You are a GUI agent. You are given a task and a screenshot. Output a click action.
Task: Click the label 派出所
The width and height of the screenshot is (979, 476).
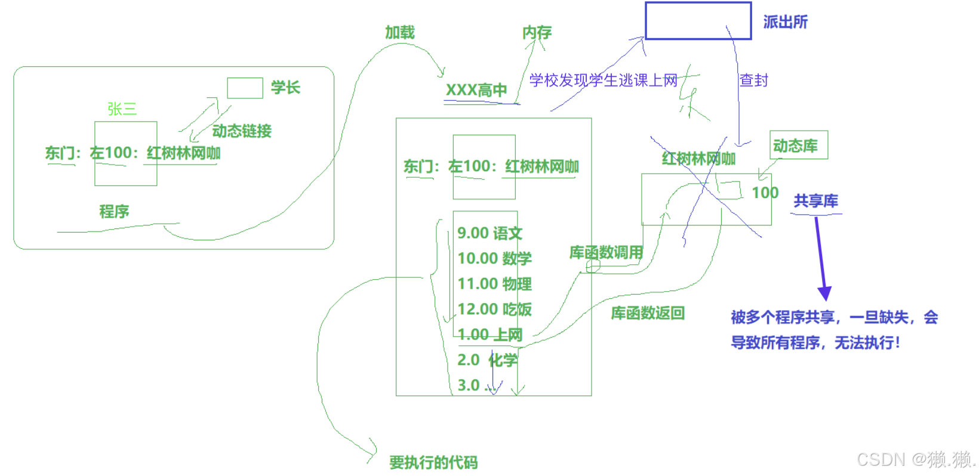tap(785, 22)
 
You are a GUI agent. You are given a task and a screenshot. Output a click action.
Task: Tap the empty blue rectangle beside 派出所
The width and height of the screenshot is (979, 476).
tap(698, 21)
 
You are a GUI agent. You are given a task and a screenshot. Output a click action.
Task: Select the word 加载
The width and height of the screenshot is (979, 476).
tap(399, 32)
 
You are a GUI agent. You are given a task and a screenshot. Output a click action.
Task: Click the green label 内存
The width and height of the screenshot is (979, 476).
tap(537, 32)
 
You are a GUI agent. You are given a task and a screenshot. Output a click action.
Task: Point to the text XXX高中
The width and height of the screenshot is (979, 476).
tap(476, 90)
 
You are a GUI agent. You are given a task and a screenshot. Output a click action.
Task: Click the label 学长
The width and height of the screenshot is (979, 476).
tap(285, 88)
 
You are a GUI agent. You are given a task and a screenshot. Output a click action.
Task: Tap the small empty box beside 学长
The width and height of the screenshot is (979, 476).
tap(245, 88)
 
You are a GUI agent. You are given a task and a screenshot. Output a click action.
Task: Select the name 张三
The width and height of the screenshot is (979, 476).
tap(122, 109)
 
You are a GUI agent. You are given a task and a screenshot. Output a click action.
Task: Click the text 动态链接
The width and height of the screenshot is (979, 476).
tap(242, 131)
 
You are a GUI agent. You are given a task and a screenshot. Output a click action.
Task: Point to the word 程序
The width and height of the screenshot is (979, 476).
tap(114, 211)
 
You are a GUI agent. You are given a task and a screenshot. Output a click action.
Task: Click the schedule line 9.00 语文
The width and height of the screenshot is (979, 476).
tap(489, 233)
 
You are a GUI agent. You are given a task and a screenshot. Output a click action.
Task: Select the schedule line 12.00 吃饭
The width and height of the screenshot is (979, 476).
tap(494, 309)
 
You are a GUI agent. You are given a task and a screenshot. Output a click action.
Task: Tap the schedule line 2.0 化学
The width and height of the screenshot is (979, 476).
tap(487, 360)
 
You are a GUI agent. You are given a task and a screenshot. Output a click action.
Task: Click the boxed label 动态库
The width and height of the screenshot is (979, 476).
tap(798, 146)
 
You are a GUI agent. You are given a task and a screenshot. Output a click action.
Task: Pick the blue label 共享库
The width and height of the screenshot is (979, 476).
tap(815, 201)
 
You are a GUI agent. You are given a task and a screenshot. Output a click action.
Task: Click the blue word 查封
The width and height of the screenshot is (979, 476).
tap(753, 80)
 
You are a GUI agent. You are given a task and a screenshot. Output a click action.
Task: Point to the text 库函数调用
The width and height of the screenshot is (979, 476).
tap(606, 252)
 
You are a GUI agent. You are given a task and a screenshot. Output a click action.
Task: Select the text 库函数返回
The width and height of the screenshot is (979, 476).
tap(647, 313)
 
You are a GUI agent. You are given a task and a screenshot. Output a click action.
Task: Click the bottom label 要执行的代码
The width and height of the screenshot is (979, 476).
tap(433, 462)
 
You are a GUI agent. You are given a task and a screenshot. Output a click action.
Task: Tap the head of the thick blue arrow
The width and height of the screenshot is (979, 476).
tap(824, 293)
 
